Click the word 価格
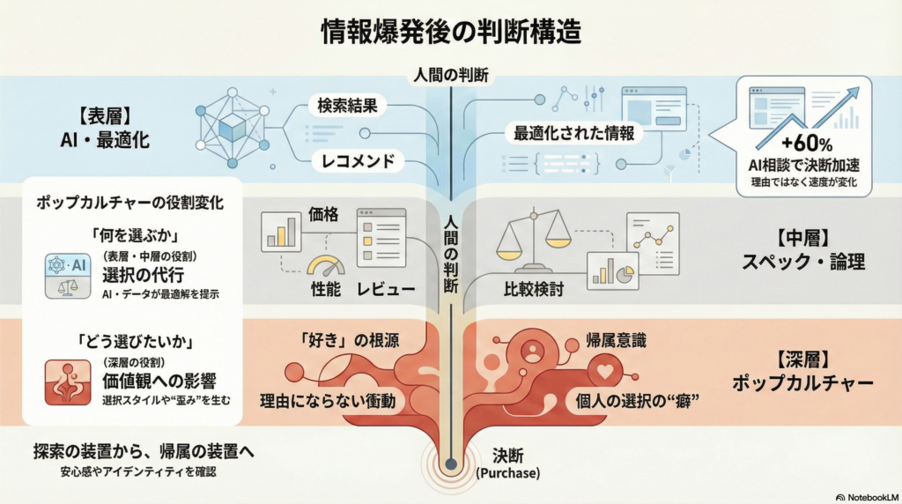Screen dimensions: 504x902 pos(322,213)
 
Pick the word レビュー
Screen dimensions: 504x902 pos(385,289)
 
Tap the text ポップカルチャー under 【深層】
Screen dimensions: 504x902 pos(802,384)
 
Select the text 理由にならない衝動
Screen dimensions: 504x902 pos(327,401)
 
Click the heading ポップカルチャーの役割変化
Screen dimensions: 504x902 pos(129,202)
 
